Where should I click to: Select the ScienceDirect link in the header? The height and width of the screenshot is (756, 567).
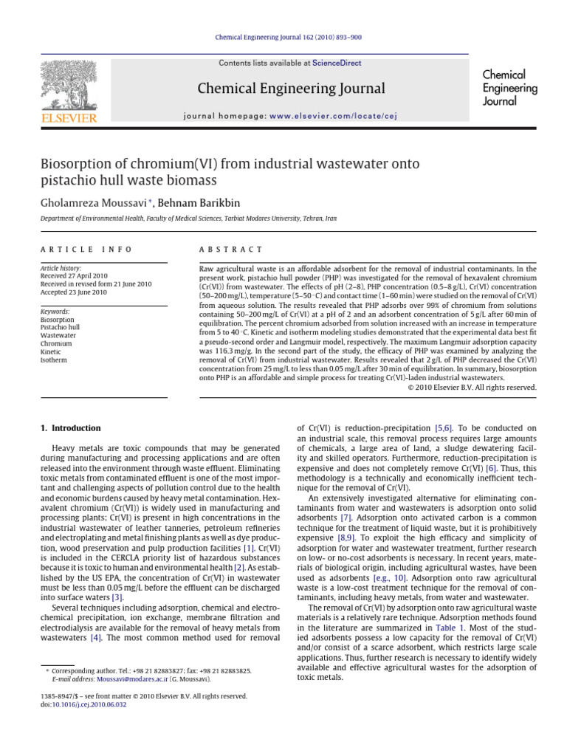[337, 63]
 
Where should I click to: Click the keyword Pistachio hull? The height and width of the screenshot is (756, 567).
[61, 327]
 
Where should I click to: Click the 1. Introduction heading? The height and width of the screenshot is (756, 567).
[69, 428]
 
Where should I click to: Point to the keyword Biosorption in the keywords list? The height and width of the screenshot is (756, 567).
[58, 319]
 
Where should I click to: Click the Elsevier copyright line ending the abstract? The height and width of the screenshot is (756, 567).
[471, 387]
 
